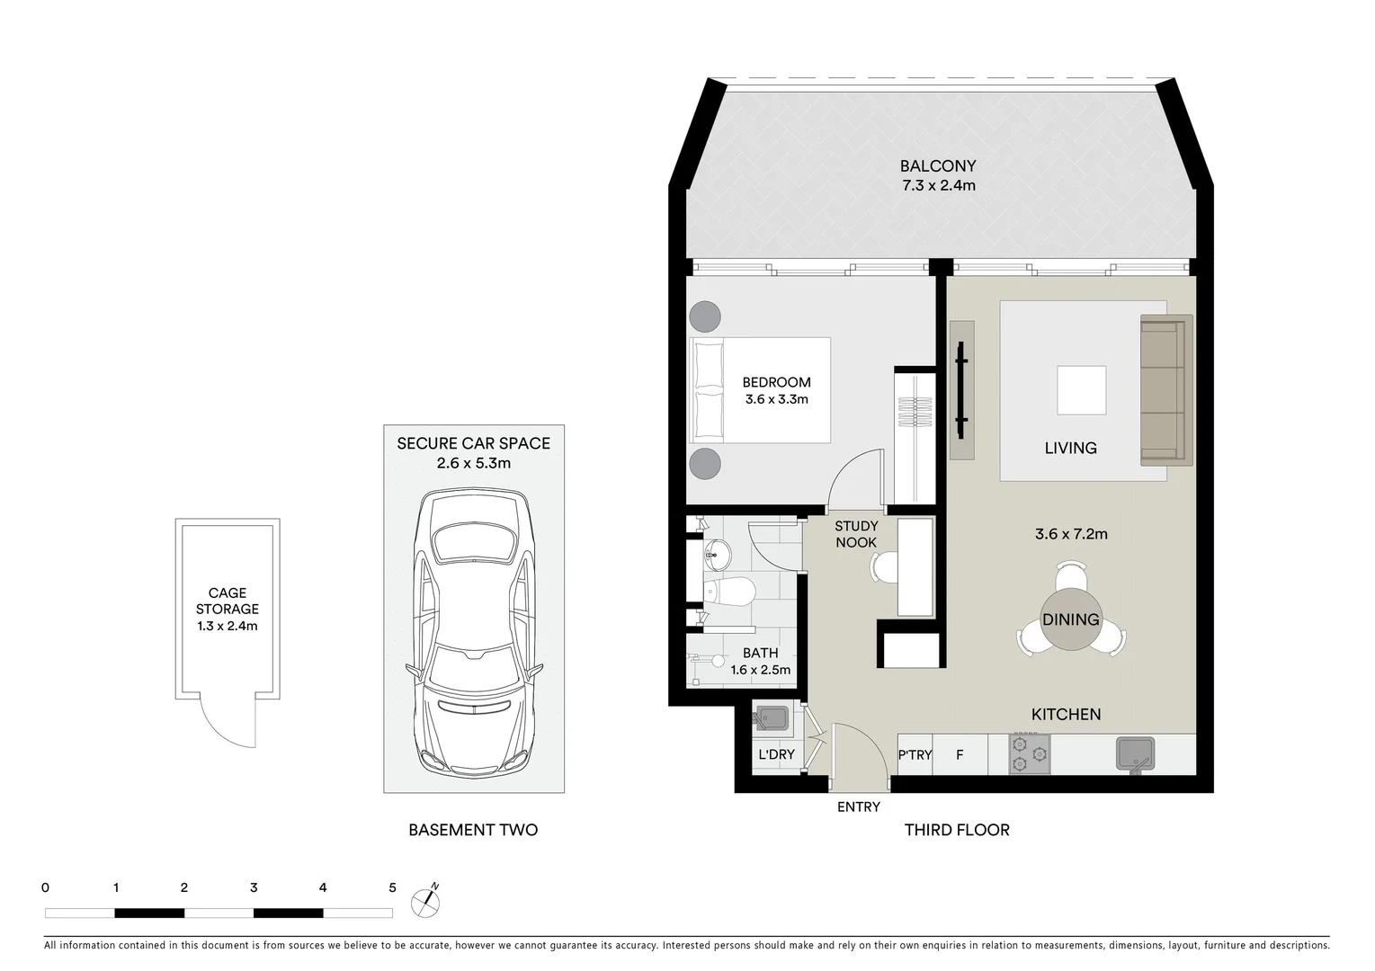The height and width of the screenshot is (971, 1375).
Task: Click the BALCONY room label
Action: click(x=938, y=166)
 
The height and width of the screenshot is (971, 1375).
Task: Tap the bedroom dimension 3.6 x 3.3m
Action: click(x=776, y=399)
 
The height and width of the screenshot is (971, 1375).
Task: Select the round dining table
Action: click(x=1070, y=619)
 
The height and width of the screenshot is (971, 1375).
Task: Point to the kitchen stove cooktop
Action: click(x=1030, y=754)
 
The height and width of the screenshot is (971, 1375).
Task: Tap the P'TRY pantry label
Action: click(x=915, y=755)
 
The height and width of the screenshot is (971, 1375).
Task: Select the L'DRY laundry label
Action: click(x=775, y=754)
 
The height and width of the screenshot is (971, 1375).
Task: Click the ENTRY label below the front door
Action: click(x=858, y=807)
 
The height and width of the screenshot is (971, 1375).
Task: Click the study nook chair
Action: click(x=883, y=567)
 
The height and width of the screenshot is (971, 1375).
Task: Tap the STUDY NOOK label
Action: click(x=856, y=534)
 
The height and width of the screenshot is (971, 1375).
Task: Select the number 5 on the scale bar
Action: click(x=392, y=888)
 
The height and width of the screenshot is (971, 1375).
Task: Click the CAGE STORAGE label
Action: click(x=228, y=601)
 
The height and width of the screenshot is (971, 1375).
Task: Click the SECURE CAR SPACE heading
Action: click(x=473, y=443)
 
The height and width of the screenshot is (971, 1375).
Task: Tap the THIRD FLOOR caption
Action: click(x=957, y=830)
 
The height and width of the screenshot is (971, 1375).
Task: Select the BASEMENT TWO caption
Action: click(x=473, y=830)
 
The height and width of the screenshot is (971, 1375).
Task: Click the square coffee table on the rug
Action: click(x=1081, y=390)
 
